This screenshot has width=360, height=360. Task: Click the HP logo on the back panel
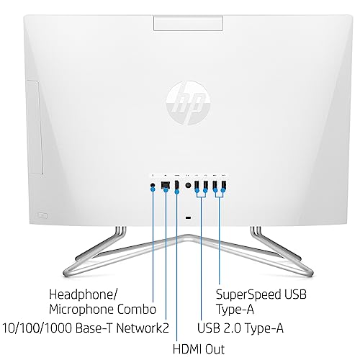188,103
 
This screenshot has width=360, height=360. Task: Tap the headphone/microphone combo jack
153,185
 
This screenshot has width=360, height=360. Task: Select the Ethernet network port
166,184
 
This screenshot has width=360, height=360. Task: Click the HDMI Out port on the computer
177,185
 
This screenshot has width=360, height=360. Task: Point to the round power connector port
188,185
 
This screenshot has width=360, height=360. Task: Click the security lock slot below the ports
189,217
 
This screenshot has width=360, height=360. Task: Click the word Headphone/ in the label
84,294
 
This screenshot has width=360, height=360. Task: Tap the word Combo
137,309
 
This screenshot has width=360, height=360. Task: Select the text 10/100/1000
37,328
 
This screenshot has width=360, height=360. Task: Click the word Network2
143,328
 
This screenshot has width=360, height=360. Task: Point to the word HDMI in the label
188,349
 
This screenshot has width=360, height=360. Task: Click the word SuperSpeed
248,294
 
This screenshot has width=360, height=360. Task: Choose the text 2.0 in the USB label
233,328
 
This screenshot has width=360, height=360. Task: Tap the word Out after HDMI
215,349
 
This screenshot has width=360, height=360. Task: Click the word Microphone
81,310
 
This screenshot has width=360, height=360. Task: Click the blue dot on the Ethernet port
166,189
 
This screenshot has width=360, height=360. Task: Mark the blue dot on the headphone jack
153,189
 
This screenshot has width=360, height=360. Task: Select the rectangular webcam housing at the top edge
188,23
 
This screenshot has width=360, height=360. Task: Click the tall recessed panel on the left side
35,127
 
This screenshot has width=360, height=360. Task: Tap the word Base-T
94,328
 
